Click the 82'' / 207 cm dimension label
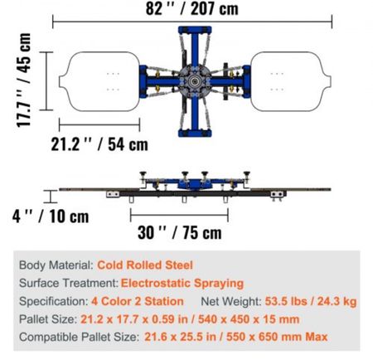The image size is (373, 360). pos(191,8)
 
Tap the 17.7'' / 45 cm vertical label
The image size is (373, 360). pos(23,80)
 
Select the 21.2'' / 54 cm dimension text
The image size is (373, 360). pos(99,144)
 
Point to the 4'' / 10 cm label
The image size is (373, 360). pos(51,216)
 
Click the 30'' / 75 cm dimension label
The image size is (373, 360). pos(180,232)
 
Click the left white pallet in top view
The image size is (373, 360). pos(99,81)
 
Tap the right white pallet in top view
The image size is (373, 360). pos(291,81)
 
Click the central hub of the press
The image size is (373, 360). pos(195,81)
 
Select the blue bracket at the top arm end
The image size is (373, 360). pos(195,30)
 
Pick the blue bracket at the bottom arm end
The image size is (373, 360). pos(195,134)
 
